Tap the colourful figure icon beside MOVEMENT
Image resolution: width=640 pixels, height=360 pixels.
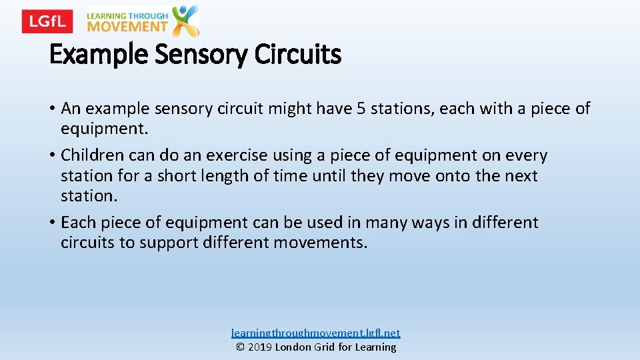pos(185,21)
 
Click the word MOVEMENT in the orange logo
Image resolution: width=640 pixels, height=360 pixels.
pos(127,27)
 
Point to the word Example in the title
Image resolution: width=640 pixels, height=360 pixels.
pos(99,55)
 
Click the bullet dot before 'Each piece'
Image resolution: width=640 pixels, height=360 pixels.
pos(53,223)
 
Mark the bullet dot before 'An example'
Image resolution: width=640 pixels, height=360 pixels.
pos(53,109)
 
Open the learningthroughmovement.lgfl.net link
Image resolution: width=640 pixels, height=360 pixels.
pos(316,333)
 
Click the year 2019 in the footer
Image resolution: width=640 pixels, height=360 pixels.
pos(260,347)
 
